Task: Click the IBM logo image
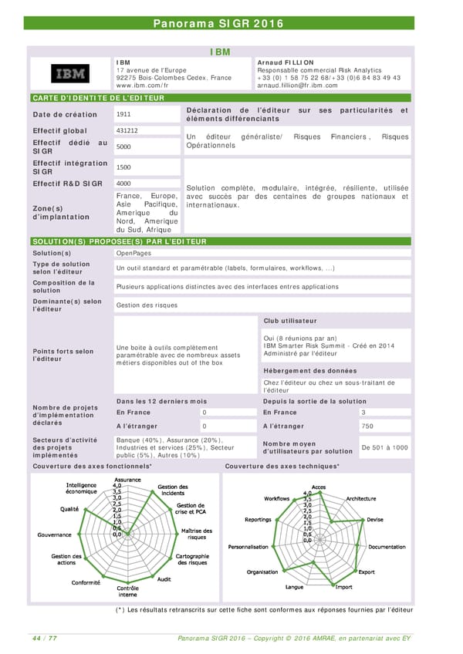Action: [69, 73]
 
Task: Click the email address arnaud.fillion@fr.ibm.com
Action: [299, 86]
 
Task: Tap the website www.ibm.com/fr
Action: [142, 86]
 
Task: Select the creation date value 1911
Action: [123, 114]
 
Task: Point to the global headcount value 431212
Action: [127, 130]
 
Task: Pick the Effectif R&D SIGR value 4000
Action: [123, 183]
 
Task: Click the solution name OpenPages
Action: [133, 253]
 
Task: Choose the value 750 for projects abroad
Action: [367, 426]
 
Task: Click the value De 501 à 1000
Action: [384, 447]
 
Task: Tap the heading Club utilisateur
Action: [289, 321]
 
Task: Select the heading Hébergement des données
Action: [309, 370]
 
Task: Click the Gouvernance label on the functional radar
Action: [55, 534]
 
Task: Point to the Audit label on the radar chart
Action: [164, 579]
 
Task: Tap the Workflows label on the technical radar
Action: [277, 498]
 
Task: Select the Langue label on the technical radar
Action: [294, 587]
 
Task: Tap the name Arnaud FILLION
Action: [286, 62]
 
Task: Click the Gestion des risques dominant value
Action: [147, 305]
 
